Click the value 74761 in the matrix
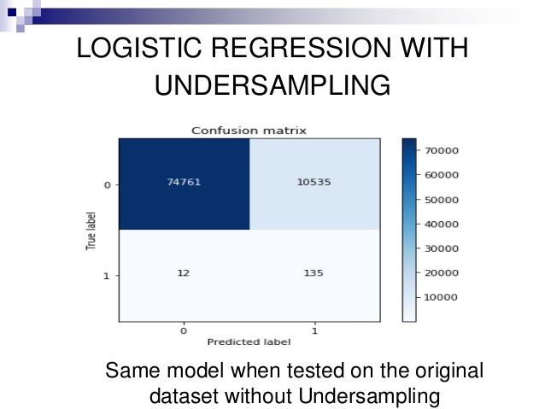[185, 184]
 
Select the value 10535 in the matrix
[314, 184]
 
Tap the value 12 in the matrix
[185, 276]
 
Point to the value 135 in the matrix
[314, 276]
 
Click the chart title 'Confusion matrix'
[249, 131]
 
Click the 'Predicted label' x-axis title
[249, 342]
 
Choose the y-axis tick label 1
[108, 277]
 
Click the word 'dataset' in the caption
[185, 396]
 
